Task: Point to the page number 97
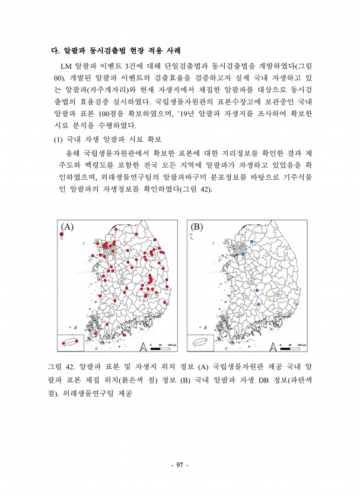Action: (x=180, y=465)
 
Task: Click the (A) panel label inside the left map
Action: (x=67, y=226)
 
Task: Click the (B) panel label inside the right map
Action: (x=197, y=226)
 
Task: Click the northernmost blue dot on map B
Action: (x=251, y=242)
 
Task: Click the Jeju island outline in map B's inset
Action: (x=200, y=343)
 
